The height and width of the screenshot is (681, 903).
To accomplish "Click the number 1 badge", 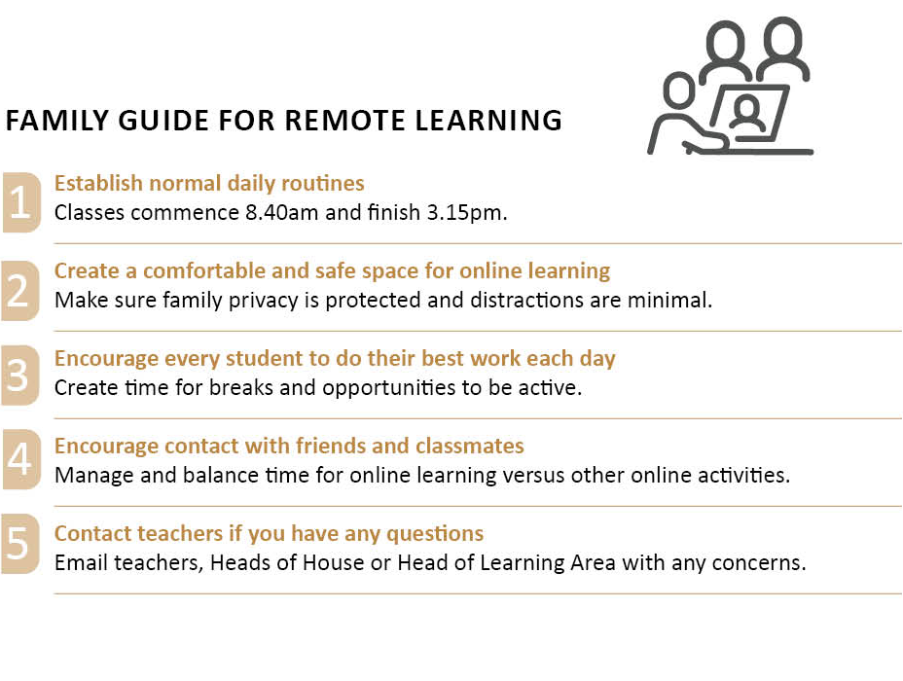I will click(20, 202).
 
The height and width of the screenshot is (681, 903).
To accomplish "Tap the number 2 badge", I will click(20, 290).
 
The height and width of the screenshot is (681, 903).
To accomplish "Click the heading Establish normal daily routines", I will click(209, 183).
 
